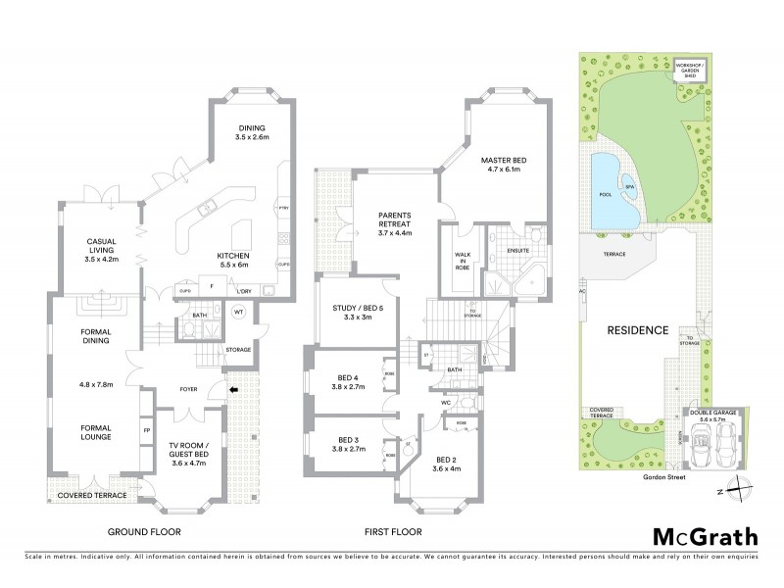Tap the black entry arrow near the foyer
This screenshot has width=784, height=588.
point(232,389)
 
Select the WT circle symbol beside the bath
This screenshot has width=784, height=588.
point(238,313)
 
